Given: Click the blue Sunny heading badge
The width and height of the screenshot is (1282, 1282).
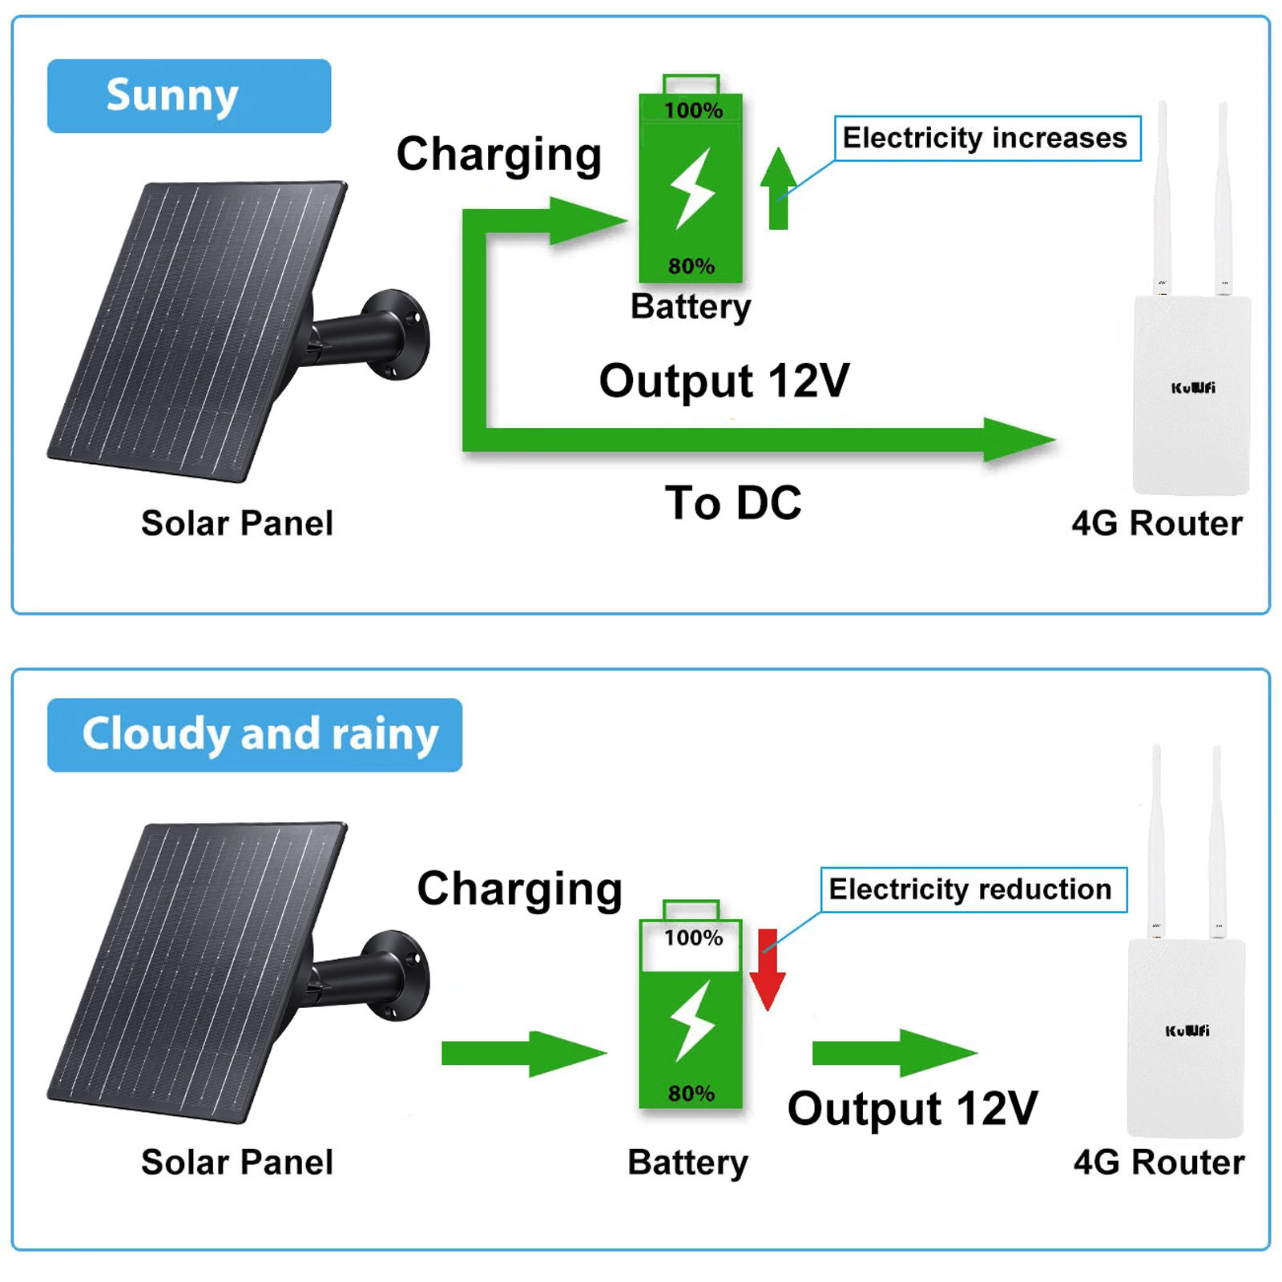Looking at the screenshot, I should [188, 95].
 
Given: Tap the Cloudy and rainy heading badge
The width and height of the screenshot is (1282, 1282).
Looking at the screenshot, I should [255, 735].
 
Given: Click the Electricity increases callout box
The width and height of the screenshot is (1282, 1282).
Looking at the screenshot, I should [986, 139].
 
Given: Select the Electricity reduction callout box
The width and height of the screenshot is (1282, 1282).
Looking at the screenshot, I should [973, 889].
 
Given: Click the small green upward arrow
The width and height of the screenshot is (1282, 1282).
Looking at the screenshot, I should [777, 188].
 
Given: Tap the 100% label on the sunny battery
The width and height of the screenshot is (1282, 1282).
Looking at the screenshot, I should [693, 110].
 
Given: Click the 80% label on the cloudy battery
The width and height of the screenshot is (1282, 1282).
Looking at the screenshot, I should [691, 1093].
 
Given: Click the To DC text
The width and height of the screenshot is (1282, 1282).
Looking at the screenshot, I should [732, 503].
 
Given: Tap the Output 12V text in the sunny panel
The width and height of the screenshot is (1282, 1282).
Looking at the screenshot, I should [724, 381].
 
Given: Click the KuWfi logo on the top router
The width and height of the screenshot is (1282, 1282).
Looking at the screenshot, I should [1192, 388].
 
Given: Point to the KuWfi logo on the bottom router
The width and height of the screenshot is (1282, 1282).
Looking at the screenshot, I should [1187, 1030].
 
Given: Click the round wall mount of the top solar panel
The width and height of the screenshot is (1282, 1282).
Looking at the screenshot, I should [396, 335].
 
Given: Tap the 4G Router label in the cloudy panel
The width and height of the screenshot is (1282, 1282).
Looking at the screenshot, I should [1158, 1162].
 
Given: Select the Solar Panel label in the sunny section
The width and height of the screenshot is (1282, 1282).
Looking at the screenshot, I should [237, 523].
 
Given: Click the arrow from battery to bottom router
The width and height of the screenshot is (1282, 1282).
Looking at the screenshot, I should [893, 1053].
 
